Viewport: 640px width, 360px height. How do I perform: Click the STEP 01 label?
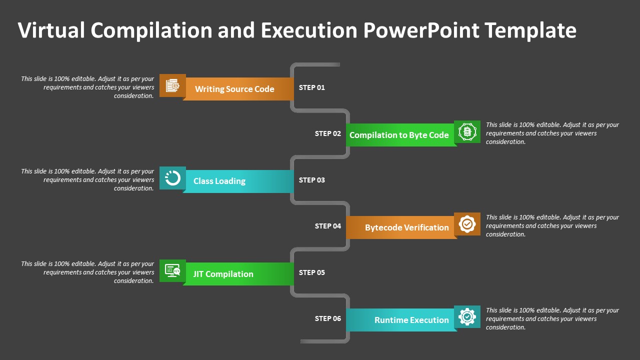click(311, 87)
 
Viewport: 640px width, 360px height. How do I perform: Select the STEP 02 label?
click(327, 133)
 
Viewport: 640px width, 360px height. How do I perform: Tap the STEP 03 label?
click(311, 180)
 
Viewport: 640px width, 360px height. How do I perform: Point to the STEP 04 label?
click(327, 226)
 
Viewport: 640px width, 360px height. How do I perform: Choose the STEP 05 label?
click(311, 272)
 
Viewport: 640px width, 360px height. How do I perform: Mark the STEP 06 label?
click(327, 318)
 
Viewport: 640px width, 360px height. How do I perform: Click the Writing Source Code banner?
click(238, 89)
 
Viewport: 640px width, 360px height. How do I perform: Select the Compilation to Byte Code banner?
click(401, 135)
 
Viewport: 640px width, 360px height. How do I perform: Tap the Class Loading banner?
click(238, 181)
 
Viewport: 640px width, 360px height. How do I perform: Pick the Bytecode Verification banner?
click(401, 227)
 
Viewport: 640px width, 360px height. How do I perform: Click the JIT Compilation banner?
click(238, 274)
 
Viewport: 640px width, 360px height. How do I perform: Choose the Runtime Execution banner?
click(401, 320)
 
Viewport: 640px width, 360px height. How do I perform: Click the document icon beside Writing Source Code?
click(172, 85)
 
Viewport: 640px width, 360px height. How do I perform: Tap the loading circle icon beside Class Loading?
click(172, 178)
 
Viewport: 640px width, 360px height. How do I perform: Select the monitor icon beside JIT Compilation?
click(172, 270)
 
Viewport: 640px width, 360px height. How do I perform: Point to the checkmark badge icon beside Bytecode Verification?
click(467, 224)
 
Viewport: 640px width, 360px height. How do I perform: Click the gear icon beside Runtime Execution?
click(467, 316)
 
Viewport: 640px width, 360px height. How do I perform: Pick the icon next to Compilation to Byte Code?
click(467, 131)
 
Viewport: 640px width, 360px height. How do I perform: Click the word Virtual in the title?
click(51, 30)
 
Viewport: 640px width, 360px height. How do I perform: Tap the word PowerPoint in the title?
click(421, 30)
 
